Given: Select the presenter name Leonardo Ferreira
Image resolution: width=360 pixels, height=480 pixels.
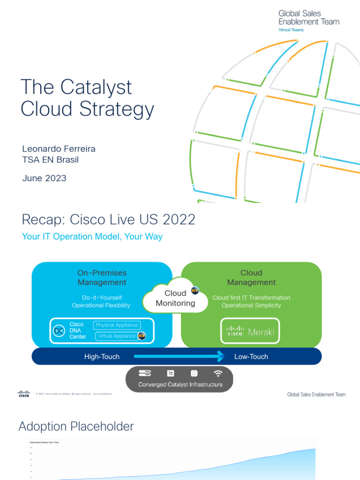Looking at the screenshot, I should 59,149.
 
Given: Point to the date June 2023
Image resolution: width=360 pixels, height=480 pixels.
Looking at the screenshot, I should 44,178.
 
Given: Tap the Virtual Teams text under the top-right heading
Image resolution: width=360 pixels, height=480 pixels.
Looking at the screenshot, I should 291,30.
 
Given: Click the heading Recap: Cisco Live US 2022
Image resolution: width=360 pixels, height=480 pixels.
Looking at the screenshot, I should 108,219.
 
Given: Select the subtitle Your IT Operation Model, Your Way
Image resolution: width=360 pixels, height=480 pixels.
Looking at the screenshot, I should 92,236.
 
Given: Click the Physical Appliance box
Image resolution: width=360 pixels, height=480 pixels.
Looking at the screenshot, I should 117,325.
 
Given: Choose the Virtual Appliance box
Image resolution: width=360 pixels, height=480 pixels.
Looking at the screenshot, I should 117,336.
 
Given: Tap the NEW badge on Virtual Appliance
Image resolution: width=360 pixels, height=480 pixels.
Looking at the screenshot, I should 142,336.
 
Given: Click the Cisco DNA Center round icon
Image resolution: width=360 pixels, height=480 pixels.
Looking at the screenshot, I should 59,331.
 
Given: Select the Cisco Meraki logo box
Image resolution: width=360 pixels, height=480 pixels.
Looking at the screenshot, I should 250,332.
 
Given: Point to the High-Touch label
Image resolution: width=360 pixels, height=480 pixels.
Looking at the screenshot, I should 102,357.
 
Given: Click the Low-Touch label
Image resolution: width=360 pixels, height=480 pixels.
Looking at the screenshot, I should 251,357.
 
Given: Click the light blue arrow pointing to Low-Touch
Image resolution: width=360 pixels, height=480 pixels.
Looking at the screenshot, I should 179,357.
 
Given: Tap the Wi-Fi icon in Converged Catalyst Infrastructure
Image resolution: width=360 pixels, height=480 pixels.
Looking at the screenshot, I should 218,374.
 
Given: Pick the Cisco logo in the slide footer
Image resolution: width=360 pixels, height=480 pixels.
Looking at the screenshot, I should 24,394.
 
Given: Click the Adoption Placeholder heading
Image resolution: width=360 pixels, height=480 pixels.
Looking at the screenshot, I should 76,427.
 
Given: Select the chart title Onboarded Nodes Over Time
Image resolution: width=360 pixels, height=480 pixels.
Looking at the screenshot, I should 44,442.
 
